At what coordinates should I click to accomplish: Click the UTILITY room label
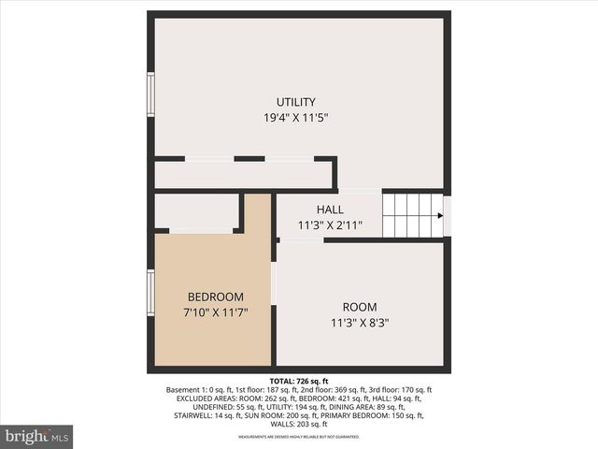(295, 102)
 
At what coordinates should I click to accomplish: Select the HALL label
(330, 210)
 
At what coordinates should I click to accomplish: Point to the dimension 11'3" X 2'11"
(330, 225)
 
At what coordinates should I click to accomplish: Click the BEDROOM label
(215, 297)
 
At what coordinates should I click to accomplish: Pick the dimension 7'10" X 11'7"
(215, 312)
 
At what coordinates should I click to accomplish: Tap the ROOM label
(359, 307)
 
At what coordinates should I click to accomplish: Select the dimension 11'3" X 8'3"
(359, 323)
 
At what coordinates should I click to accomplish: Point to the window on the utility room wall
(150, 94)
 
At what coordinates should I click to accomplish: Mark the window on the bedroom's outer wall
(150, 292)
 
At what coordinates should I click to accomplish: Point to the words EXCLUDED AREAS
(206, 398)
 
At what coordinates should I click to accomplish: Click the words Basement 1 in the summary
(188, 390)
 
